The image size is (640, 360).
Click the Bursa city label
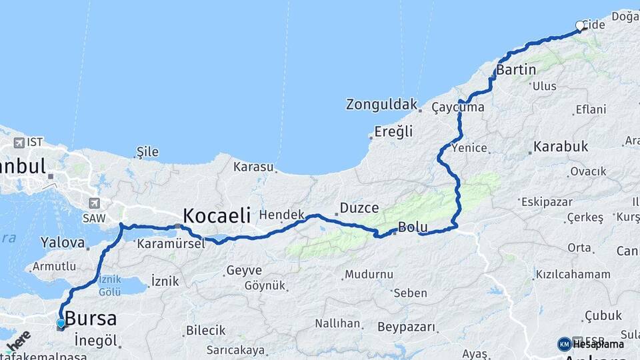coord(91,319)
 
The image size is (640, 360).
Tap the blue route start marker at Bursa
coord(61,324)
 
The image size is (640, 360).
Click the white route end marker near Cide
coord(580,26)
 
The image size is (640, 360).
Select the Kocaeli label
coord(217,215)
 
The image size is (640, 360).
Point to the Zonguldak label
coord(381,105)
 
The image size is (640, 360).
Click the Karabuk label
coord(561,146)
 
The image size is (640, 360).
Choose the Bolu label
coord(413,227)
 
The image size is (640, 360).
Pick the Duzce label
coord(359,208)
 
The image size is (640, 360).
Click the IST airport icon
coord(19,143)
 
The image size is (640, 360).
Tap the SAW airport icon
coord(94,203)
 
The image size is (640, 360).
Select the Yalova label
coord(63,242)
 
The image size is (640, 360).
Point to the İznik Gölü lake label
coord(109,285)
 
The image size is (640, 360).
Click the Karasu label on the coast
coord(253,167)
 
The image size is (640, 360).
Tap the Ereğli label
coord(393,131)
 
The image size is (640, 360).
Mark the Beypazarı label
coord(407,327)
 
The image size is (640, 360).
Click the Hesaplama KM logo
coord(565,344)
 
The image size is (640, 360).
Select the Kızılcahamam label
coord(573,274)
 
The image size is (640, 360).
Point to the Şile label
coord(147,152)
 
